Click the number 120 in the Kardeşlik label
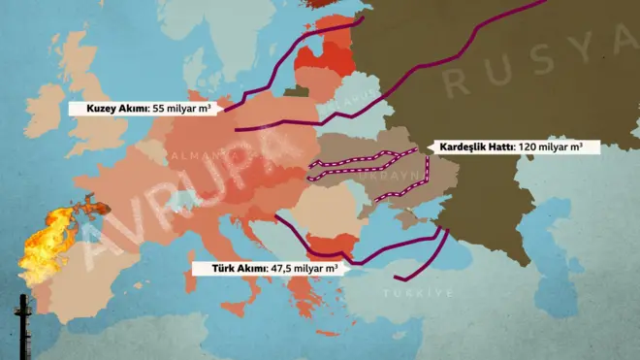(x=529, y=147)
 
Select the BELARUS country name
(x=359, y=97)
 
